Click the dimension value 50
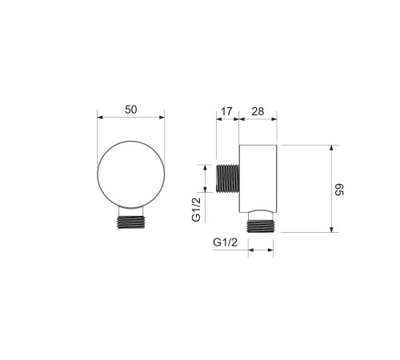pyautogui.click(x=131, y=110)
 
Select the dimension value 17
pyautogui.click(x=226, y=111)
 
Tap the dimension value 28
pyautogui.click(x=258, y=111)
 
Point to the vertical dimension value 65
pyautogui.click(x=339, y=190)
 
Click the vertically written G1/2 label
pyautogui.click(x=196, y=210)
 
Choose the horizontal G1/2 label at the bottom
pyautogui.click(x=225, y=242)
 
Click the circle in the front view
pyautogui.click(x=131, y=141)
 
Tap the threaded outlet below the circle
pyautogui.click(x=131, y=222)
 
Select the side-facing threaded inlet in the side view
pyautogui.click(x=227, y=178)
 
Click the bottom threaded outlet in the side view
pyautogui.click(x=261, y=226)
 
